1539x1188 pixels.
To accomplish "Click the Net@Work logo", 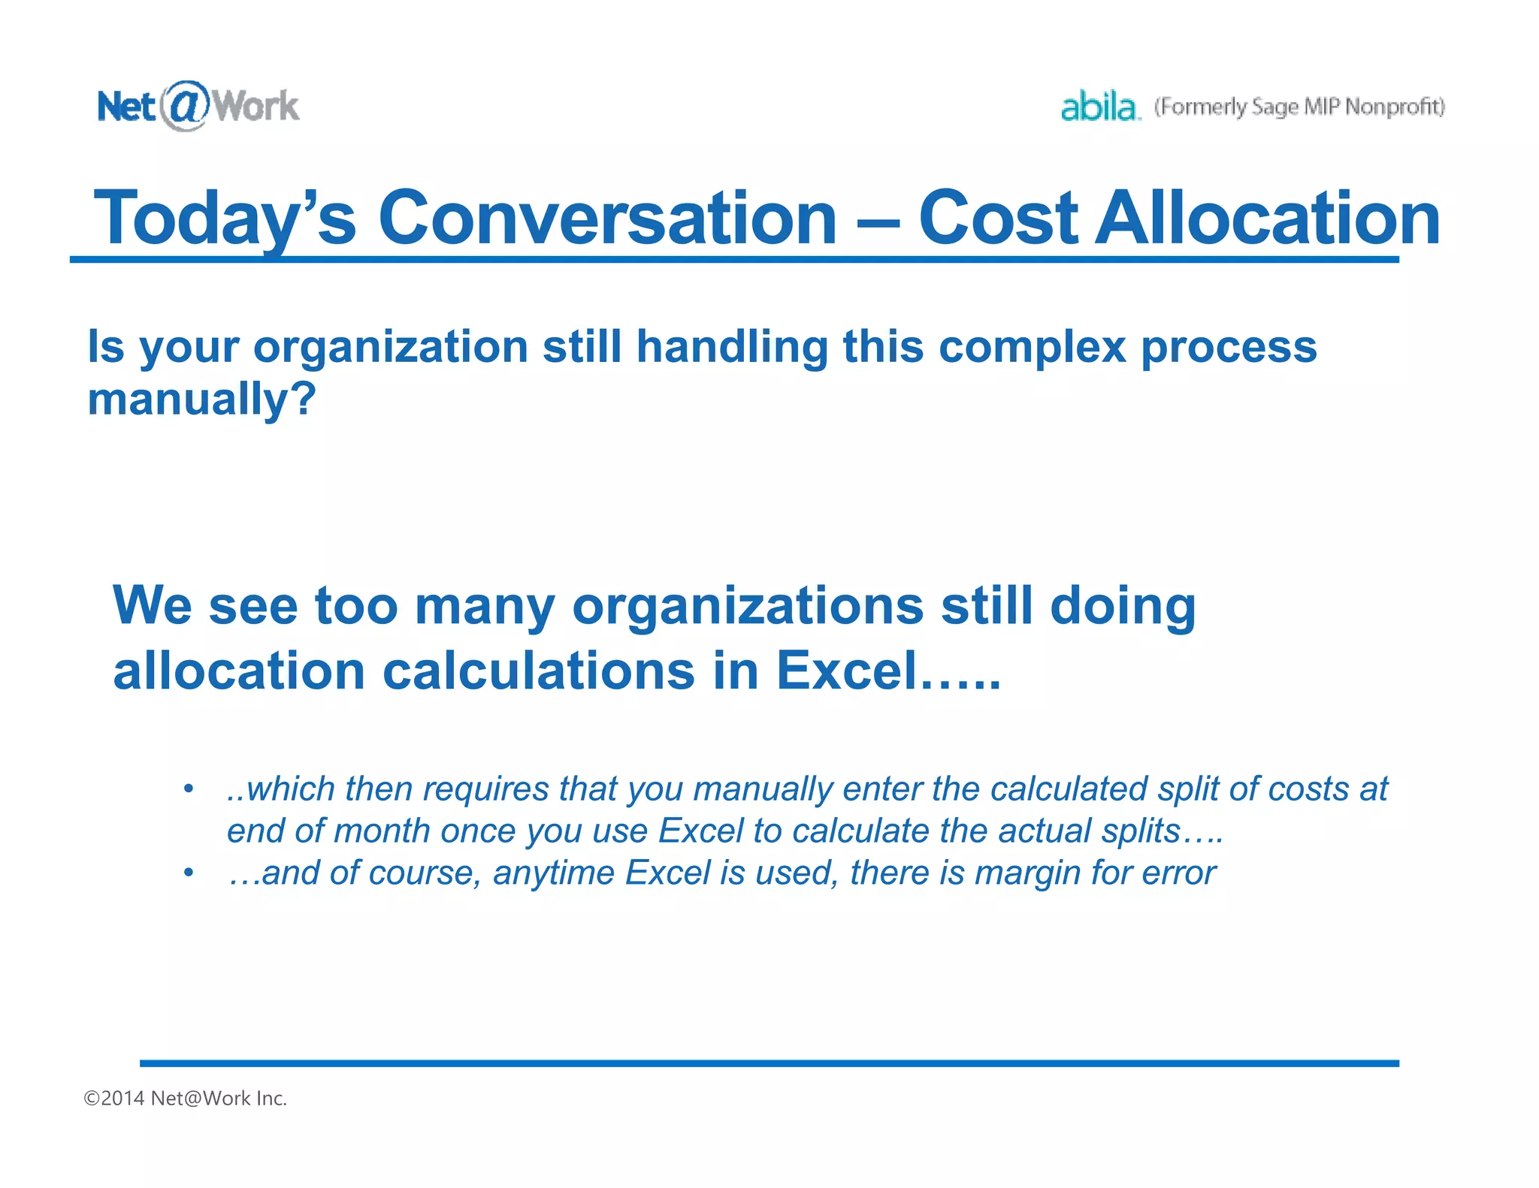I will [198, 106].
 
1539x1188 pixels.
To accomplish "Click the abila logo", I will [1099, 107].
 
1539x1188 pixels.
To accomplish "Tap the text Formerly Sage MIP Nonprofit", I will [1299, 107].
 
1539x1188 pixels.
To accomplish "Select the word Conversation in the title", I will [607, 218].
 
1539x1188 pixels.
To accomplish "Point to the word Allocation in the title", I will [1268, 218].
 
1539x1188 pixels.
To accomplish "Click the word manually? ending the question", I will [201, 399].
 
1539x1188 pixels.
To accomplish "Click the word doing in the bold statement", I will [1122, 605].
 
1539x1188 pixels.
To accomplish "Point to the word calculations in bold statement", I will [539, 671].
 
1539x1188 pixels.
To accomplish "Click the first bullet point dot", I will [189, 788].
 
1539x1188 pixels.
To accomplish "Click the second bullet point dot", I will [189, 873].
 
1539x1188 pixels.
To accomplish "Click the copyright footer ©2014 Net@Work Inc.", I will [186, 1098].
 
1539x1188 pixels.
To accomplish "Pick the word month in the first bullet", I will [382, 831].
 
